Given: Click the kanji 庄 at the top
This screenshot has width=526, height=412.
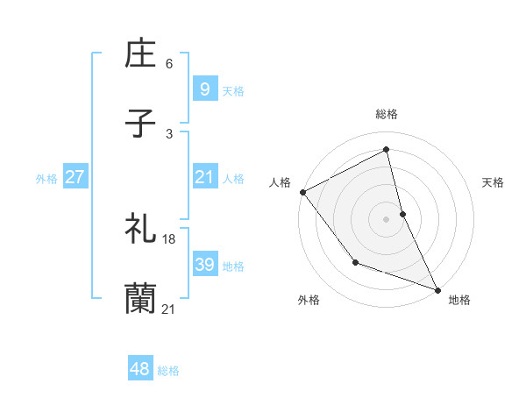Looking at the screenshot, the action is click(141, 54).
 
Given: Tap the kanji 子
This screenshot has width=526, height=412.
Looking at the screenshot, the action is click(141, 124).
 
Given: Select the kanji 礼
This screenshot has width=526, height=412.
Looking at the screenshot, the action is click(141, 230).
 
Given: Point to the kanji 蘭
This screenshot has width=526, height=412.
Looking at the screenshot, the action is click(141, 299).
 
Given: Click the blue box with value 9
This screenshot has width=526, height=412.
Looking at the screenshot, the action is click(203, 89).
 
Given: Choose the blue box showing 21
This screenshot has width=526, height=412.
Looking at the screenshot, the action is click(203, 177).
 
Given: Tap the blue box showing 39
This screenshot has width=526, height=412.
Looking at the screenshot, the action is click(203, 265).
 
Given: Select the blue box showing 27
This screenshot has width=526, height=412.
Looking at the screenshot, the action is click(75, 177).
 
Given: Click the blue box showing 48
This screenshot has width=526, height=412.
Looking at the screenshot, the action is click(139, 369).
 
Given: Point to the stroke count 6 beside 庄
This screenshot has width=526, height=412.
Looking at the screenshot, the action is click(169, 64).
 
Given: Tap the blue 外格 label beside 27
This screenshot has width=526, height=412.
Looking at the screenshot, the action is click(46, 178).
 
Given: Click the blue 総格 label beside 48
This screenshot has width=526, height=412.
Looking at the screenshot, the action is click(168, 371).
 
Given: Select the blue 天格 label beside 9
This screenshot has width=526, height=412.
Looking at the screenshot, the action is click(233, 90).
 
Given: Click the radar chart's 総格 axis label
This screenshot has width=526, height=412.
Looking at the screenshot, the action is click(387, 114).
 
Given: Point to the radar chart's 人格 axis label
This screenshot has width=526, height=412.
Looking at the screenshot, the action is click(280, 182).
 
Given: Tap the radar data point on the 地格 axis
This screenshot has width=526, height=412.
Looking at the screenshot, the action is click(437, 289).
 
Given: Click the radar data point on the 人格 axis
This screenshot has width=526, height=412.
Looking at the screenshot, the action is click(302, 192).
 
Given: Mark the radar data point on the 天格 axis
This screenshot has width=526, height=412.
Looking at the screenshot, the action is click(402, 214).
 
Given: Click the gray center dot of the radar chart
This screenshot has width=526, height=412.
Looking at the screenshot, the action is click(387, 218).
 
